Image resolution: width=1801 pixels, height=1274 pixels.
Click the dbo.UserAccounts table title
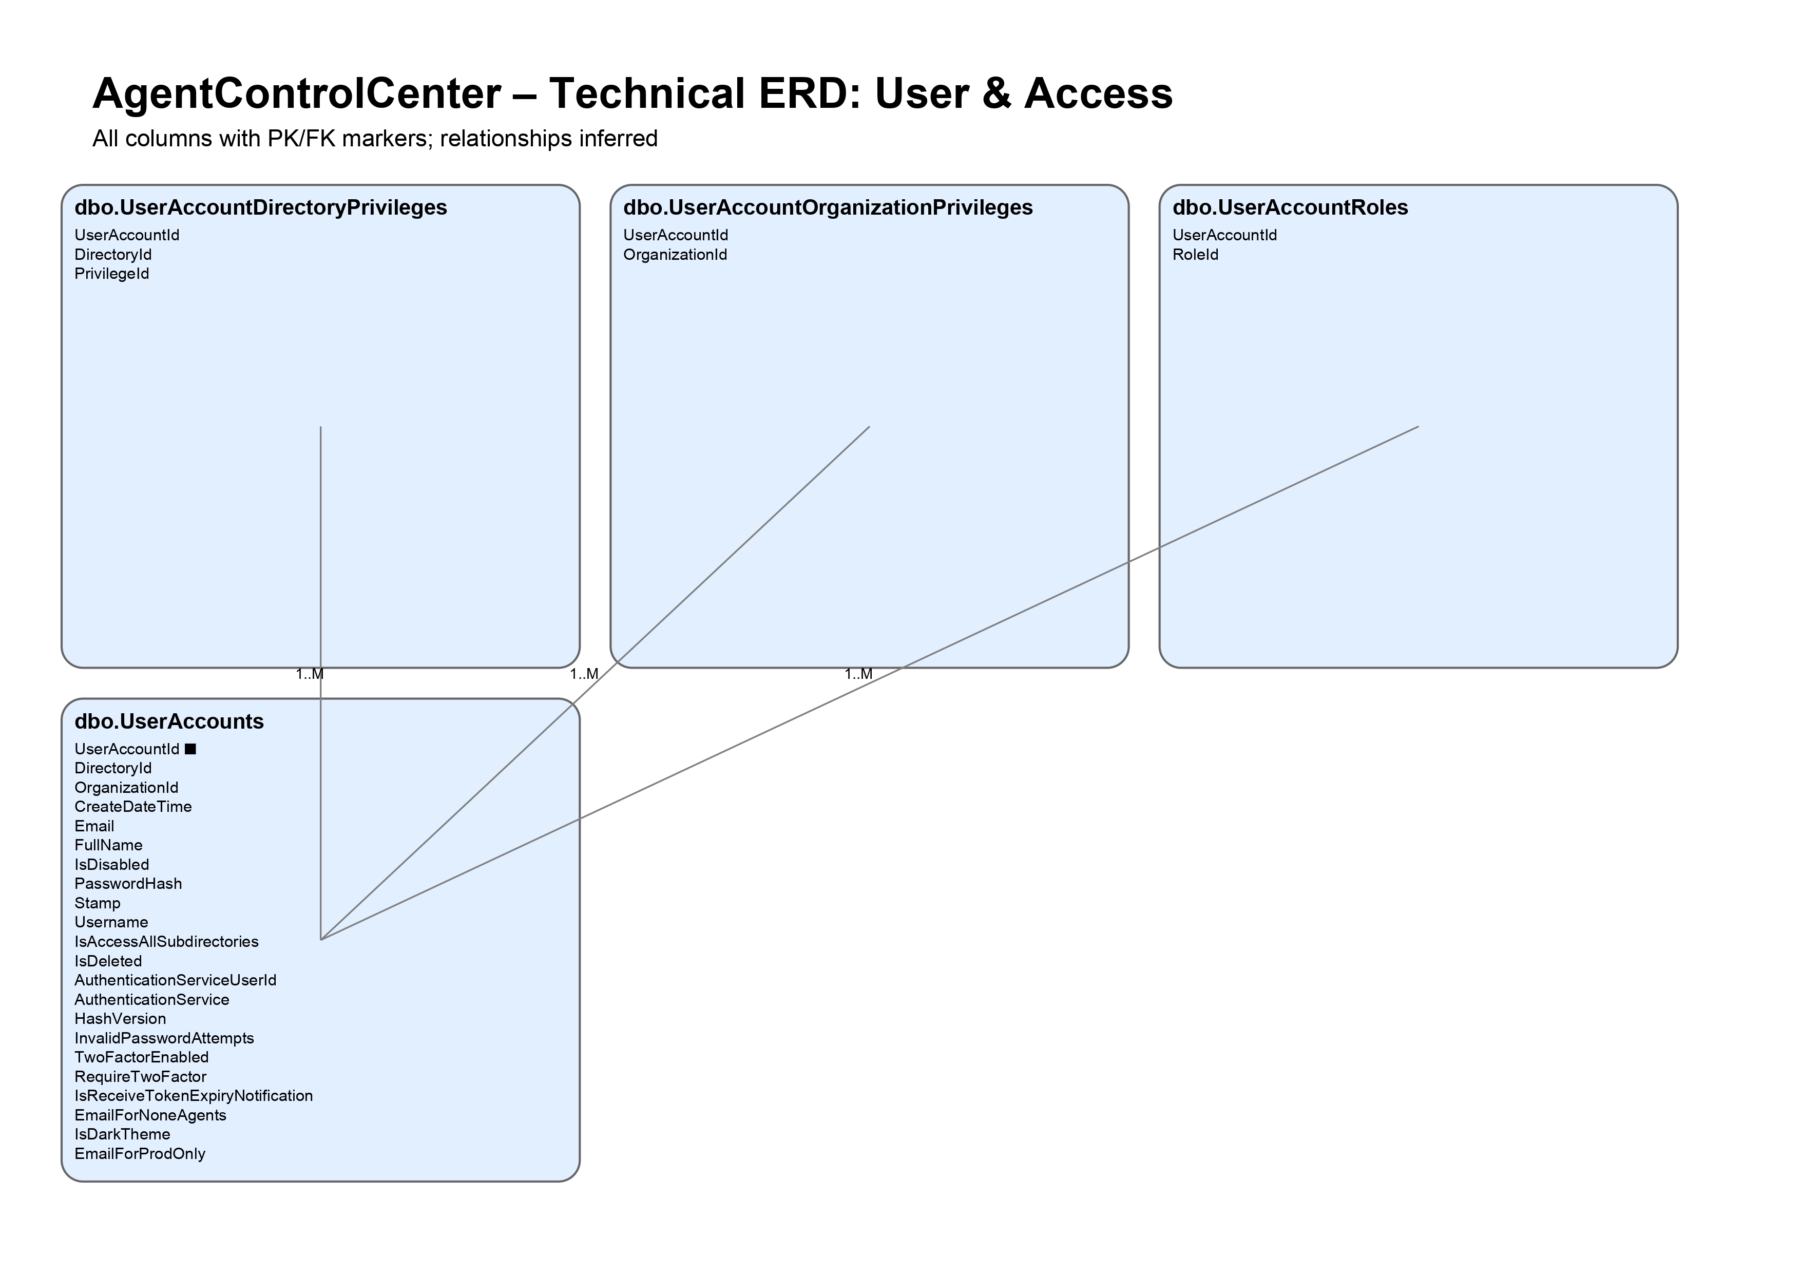tap(168, 721)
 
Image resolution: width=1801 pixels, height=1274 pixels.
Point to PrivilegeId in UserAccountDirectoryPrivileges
tap(111, 274)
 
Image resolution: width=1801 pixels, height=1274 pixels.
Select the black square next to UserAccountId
tap(190, 749)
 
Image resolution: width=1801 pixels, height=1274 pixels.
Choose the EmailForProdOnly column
tap(140, 1153)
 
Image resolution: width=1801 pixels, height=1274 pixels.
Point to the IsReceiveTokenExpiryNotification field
tap(193, 1095)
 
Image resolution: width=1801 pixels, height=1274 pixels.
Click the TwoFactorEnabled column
tap(141, 1057)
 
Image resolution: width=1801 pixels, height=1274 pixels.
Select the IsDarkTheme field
tap(122, 1134)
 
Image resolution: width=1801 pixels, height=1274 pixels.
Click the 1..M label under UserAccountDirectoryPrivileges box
tap(309, 674)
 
